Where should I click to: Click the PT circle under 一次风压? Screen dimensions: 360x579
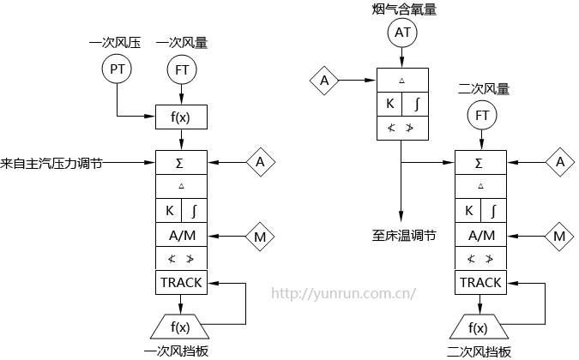coord(116,69)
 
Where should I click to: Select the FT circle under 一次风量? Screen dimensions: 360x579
coord(181,69)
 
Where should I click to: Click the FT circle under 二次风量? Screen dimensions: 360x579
coord(481,115)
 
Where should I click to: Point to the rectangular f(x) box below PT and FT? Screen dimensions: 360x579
coord(181,117)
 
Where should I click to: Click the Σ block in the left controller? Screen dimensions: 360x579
coord(181,161)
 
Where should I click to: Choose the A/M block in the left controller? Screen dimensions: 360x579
coord(181,234)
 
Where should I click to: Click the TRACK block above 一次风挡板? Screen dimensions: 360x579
coord(181,282)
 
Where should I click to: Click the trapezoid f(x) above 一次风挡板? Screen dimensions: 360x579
coord(181,327)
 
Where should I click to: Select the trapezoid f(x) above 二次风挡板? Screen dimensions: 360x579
coord(479,327)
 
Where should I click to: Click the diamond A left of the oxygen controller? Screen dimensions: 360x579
coord(324,81)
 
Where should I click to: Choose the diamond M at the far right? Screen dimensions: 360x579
coord(560,234)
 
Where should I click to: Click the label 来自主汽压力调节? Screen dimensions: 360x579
coord(51,162)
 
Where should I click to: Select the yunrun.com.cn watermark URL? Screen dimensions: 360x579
coord(344,292)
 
